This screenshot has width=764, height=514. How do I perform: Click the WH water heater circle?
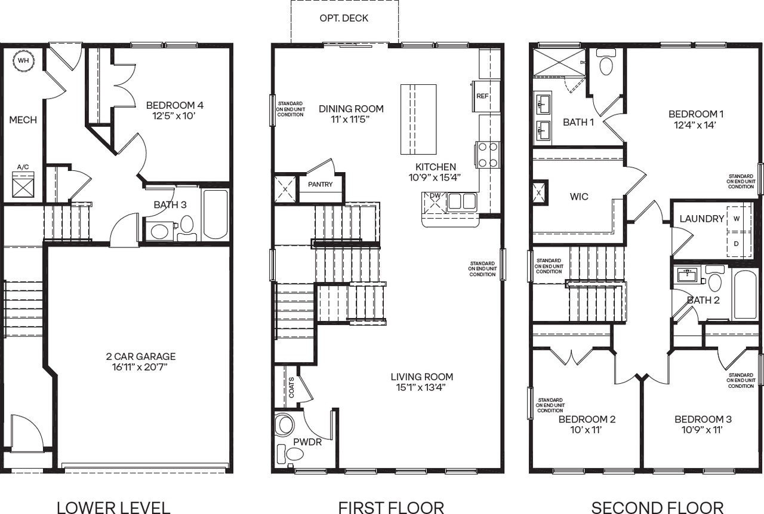[23, 61]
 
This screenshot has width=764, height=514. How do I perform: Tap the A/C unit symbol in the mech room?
[23, 185]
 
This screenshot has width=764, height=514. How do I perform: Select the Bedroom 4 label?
[175, 105]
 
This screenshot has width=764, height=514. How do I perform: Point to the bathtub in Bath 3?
[215, 214]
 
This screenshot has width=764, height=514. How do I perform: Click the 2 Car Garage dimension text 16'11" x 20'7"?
[140, 367]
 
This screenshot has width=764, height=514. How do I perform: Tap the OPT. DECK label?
[344, 18]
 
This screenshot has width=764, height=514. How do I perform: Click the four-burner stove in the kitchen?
[488, 155]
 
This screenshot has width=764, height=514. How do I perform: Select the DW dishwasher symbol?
[435, 202]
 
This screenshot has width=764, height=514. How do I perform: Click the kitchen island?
[418, 120]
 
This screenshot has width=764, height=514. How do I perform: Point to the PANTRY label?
[320, 185]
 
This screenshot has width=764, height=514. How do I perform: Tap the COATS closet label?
[291, 387]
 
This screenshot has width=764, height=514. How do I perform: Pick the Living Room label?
[422, 377]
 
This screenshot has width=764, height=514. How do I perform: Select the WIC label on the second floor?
[579, 197]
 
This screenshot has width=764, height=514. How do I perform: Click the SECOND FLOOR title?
[657, 508]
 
